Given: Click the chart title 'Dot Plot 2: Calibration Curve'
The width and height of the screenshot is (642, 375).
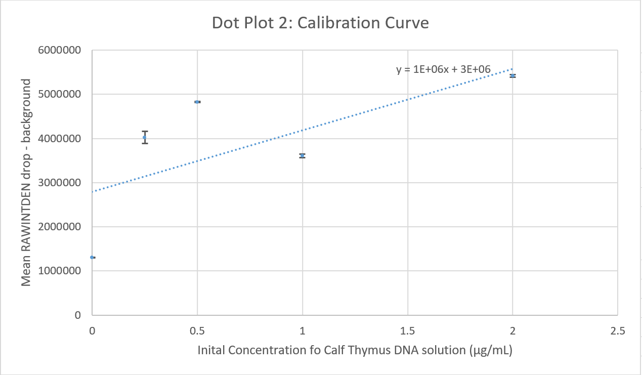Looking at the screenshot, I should click(x=320, y=23).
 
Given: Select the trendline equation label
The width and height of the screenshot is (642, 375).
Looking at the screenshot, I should click(x=443, y=69).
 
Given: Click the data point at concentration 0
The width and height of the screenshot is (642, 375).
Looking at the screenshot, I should click(x=92, y=257).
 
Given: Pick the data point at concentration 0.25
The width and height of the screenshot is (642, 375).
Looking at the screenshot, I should click(x=145, y=137).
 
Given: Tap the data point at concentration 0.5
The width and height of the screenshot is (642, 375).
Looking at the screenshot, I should click(x=197, y=102).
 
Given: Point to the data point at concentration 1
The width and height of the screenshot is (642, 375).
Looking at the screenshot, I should click(x=303, y=155).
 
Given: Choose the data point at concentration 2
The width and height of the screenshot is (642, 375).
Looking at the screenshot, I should click(x=512, y=76).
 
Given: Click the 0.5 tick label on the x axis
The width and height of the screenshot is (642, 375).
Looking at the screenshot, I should click(x=197, y=331).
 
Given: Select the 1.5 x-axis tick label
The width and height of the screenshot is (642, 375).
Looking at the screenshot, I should click(x=407, y=331).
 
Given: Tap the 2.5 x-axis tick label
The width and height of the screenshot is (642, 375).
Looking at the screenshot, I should click(x=617, y=331).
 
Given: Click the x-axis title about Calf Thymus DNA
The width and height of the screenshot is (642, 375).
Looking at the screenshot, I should click(x=358, y=350).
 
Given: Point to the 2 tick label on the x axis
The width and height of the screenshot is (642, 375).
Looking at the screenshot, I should click(x=512, y=331).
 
